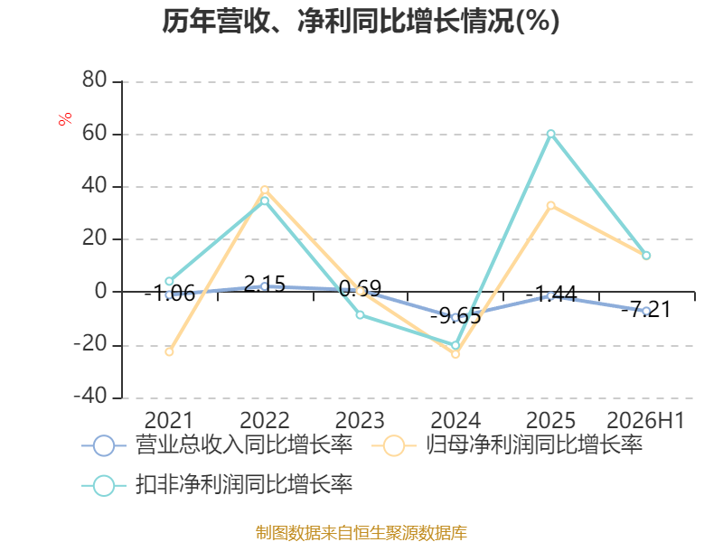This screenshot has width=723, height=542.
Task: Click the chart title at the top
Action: (361, 21)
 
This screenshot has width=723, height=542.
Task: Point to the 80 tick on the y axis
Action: (95, 79)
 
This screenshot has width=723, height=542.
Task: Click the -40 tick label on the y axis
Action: (90, 396)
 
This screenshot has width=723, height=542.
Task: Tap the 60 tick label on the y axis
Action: (95, 133)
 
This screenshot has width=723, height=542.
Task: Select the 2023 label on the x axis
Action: (360, 420)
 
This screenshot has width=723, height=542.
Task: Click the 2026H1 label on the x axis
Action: (645, 420)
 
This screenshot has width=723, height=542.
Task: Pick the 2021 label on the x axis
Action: (169, 420)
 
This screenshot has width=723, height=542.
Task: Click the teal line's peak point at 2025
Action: (551, 134)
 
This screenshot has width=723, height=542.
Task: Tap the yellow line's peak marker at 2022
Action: (264, 190)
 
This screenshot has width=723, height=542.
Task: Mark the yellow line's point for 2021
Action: (169, 351)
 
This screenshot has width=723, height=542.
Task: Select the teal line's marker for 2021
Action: (169, 281)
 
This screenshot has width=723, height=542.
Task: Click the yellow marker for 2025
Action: (551, 206)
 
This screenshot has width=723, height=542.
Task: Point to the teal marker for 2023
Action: (360, 314)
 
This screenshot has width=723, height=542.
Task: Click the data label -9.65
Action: (455, 316)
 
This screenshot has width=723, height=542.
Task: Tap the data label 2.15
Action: (265, 284)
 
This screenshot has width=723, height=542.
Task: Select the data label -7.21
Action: (646, 309)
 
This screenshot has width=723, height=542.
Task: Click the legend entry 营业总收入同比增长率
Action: (217, 445)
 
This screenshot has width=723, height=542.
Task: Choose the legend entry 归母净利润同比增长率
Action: (507, 445)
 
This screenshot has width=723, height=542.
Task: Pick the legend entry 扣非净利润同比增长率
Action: (217, 485)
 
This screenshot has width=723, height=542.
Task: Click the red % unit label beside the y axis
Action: (65, 118)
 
